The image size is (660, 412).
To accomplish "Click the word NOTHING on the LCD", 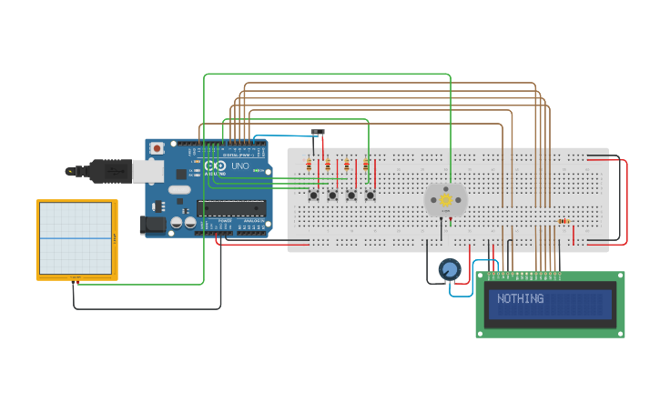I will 521,299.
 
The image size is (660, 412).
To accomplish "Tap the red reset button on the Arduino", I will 157,148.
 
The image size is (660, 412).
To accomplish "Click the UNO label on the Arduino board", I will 240,166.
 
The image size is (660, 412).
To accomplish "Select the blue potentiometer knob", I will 449,269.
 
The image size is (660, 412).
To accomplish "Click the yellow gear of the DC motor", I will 445,199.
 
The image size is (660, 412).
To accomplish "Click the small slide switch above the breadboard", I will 317,132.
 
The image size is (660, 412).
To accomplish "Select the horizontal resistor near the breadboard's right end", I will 564,220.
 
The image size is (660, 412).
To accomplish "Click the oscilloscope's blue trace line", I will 76,239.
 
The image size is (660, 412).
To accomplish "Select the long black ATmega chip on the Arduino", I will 231,208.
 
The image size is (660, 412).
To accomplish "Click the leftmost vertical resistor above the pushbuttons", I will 309,166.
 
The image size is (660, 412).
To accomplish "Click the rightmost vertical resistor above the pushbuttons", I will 366,166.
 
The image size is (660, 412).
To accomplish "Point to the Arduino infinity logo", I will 216,166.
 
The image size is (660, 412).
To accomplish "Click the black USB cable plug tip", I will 71,170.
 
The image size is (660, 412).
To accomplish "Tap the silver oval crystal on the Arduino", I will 179,189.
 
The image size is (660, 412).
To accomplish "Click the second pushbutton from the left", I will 332,195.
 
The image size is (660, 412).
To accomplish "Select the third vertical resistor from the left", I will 347,166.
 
